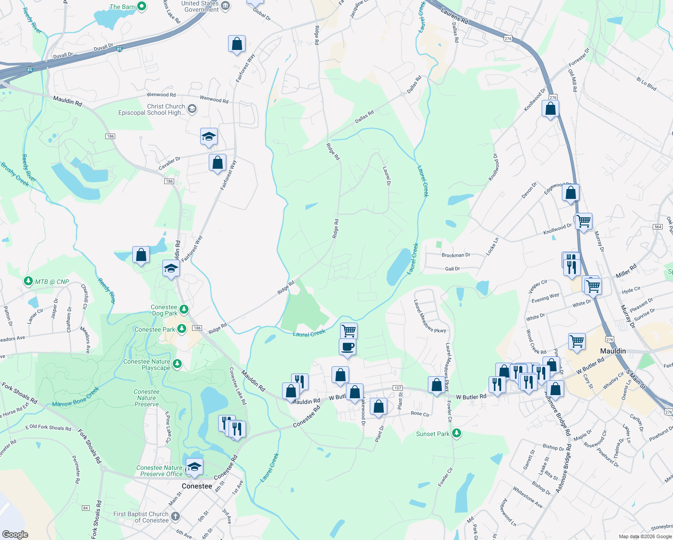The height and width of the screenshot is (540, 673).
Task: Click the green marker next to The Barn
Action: (x=142, y=6)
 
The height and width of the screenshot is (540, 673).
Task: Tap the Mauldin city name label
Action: (x=613, y=351)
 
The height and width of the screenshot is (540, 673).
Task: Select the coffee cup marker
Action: (x=348, y=347)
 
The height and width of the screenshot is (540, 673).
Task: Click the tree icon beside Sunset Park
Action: (x=457, y=433)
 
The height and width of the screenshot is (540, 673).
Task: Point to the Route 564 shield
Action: (x=658, y=226)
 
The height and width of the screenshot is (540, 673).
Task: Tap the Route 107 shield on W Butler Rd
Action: (x=397, y=388)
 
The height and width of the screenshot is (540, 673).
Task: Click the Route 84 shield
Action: (x=85, y=508)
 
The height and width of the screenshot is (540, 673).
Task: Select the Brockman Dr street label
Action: (x=456, y=255)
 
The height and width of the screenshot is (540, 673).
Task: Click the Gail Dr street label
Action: (x=452, y=269)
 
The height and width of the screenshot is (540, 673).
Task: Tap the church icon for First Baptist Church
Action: (x=175, y=516)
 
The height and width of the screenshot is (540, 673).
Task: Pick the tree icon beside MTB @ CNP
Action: (x=28, y=281)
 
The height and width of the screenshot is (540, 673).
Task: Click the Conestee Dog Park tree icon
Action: (x=184, y=309)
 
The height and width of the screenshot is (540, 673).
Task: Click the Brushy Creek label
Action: (x=15, y=174)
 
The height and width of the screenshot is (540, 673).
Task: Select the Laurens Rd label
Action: (x=454, y=15)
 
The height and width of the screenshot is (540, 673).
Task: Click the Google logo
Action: (x=15, y=534)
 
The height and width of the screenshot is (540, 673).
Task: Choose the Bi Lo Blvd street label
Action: (x=646, y=84)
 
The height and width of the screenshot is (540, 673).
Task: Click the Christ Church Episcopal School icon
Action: (x=192, y=109)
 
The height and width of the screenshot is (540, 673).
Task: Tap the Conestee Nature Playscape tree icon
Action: (x=177, y=364)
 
